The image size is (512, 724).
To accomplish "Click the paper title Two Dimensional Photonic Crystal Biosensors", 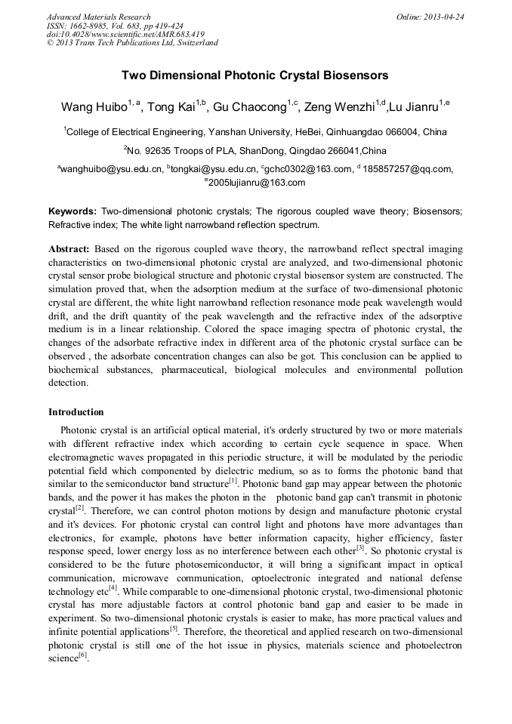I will coord(255,75).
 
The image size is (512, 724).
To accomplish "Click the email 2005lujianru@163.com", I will coord(257,183).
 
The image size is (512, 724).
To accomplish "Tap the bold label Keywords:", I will coord(72,211).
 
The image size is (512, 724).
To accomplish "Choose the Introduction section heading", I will coord(76,412).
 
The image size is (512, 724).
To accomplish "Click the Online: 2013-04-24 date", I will coord(430,17).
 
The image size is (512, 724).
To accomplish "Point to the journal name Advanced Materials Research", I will coord(98,17).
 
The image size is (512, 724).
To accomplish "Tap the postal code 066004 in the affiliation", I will coord(405,132).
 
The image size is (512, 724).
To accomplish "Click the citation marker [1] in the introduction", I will coord(233,480).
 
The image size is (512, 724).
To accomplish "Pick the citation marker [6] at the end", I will coord(82,656).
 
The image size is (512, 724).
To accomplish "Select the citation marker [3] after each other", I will coord(360,548).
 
